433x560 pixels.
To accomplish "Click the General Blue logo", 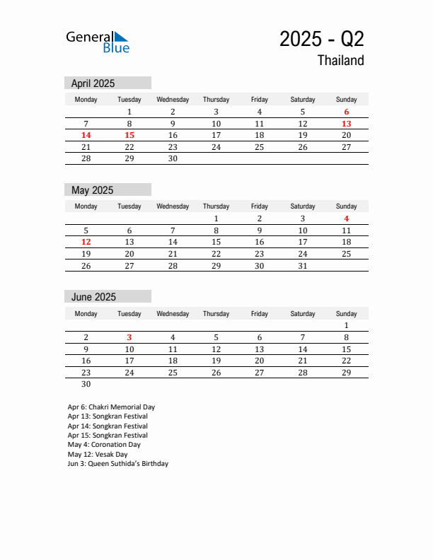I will click(x=98, y=42).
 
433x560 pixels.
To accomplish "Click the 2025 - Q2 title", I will click(x=321, y=39).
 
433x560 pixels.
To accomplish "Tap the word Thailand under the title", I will click(x=340, y=61).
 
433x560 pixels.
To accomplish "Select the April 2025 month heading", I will click(x=93, y=83).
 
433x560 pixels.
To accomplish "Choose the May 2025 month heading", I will click(x=92, y=190).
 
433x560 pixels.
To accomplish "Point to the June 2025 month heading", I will click(x=93, y=297).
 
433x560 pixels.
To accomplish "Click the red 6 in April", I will click(x=347, y=112).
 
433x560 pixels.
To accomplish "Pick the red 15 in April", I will click(x=129, y=135).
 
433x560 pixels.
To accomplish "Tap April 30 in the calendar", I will click(x=173, y=158).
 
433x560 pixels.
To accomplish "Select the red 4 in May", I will click(x=347, y=218).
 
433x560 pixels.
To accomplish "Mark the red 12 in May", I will click(x=86, y=242).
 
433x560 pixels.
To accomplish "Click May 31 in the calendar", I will click(x=303, y=265).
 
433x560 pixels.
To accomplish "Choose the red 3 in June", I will click(x=129, y=337).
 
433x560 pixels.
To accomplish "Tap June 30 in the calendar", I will click(x=86, y=384).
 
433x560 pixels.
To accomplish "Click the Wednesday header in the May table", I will click(x=173, y=206).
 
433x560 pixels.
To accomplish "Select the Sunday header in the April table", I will click(x=347, y=100).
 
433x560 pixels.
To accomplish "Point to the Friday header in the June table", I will click(x=260, y=314).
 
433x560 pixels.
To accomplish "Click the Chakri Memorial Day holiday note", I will click(x=111, y=407).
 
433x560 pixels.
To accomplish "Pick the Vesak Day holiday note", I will click(x=98, y=455).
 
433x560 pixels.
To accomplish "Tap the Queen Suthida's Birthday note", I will click(x=118, y=464).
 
